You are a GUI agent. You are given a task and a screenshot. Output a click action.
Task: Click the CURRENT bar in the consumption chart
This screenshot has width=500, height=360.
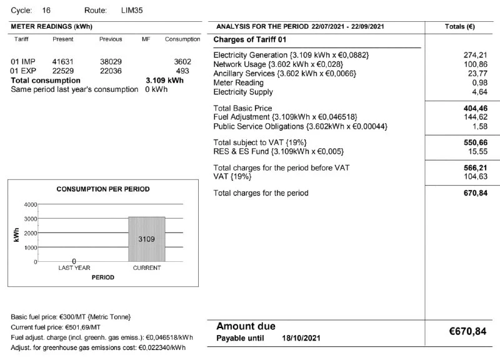pyautogui.click(x=147, y=239)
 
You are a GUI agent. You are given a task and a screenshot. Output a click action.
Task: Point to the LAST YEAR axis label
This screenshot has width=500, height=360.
pyautogui.click(x=74, y=268)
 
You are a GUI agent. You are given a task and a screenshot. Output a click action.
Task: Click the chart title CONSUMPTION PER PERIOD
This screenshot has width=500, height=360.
pyautogui.click(x=103, y=189)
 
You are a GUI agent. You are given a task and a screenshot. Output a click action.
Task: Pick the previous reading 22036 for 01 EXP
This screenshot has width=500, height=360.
pyautogui.click(x=111, y=71)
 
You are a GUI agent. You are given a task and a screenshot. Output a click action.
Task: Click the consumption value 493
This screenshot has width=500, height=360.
pyautogui.click(x=182, y=71)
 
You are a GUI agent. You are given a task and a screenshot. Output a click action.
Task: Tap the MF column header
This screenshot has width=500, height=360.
pyautogui.click(x=146, y=39)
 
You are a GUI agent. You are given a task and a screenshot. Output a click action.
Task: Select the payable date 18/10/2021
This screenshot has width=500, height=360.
pyautogui.click(x=301, y=338)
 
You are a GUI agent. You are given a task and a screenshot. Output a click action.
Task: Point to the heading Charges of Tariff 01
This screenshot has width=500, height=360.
pyautogui.click(x=250, y=39)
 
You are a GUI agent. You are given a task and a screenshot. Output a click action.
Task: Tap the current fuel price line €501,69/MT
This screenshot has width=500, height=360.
pyautogui.click(x=56, y=327)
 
